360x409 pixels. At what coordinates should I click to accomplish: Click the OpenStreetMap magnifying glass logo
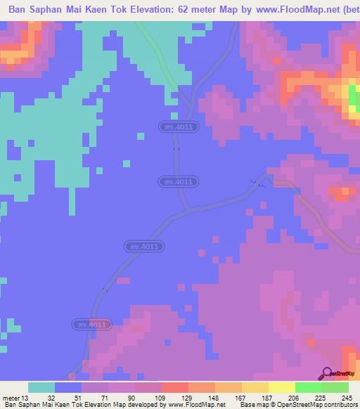tap(327, 372)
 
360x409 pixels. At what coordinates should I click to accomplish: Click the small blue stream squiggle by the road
tap(258, 183)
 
